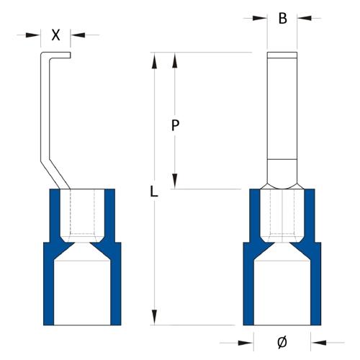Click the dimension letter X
(55, 34)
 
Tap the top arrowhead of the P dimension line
(174, 59)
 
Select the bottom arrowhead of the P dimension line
(174, 182)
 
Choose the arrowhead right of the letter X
(77, 34)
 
